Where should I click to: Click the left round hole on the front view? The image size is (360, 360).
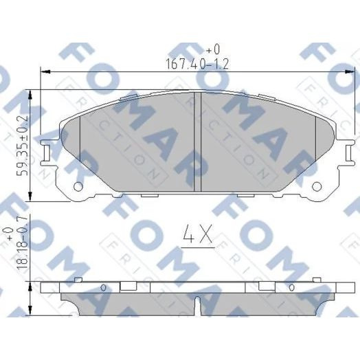click(x=78, y=186)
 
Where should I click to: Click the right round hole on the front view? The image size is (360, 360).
click(x=317, y=186)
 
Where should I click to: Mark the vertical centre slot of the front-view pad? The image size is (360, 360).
click(x=197, y=141)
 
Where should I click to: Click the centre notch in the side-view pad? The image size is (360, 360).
click(x=197, y=302)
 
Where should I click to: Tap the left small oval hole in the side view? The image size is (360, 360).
click(x=104, y=287)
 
